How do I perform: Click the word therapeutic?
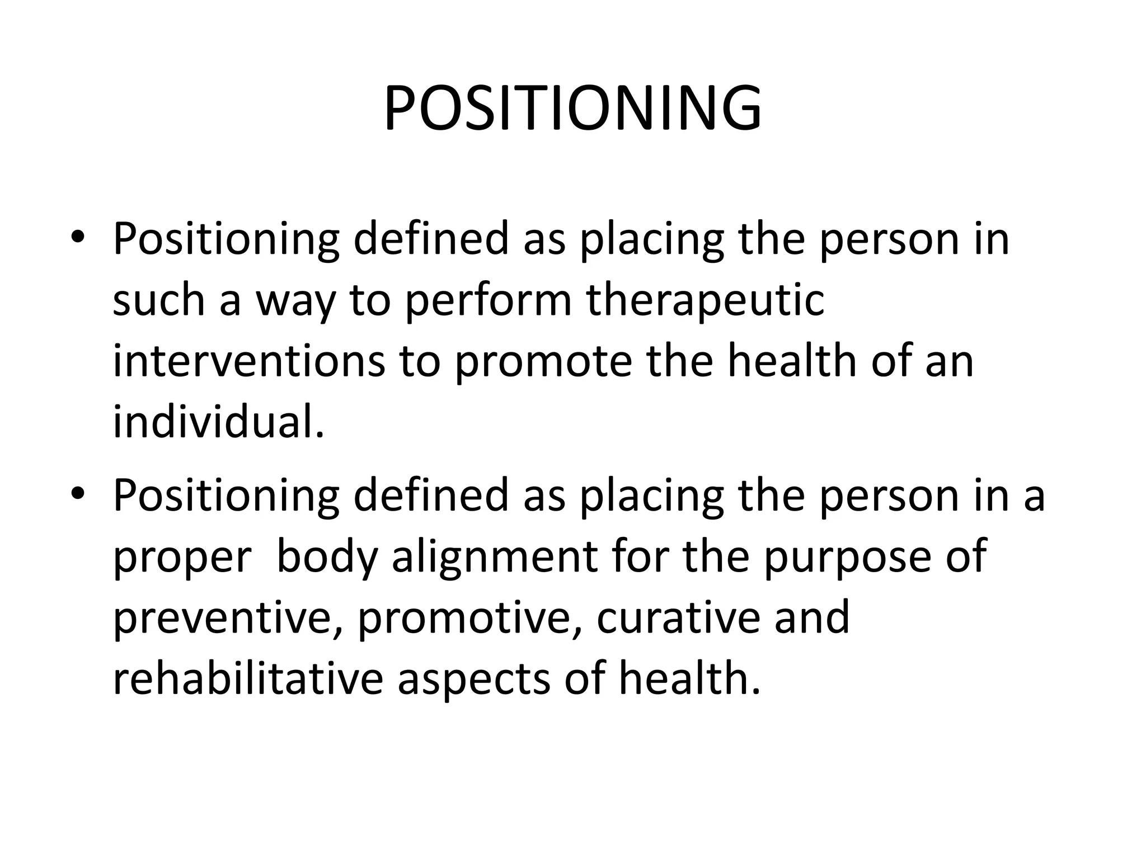coord(705,300)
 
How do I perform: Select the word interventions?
coord(249,361)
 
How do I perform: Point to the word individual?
coord(218,422)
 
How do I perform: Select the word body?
coord(327,558)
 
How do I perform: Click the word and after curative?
coord(812,618)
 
